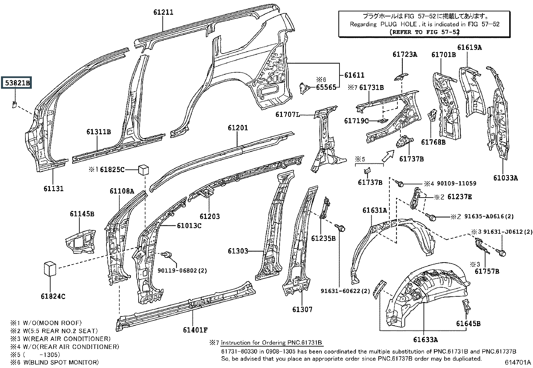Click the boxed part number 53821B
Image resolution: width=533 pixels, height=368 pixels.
[16, 82]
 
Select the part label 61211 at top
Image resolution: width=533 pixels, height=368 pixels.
[163, 12]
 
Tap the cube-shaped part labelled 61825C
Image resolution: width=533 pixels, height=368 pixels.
[144, 169]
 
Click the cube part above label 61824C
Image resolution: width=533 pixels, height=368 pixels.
[50, 269]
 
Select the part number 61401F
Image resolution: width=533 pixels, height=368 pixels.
[195, 330]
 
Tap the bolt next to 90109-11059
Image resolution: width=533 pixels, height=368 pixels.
[399, 183]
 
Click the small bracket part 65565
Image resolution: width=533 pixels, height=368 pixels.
[304, 88]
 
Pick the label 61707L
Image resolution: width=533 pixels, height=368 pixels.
[288, 115]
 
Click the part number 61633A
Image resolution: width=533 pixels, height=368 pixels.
[426, 340]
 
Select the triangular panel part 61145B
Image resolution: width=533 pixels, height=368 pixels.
[81, 241]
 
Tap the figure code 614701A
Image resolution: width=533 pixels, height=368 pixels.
[518, 362]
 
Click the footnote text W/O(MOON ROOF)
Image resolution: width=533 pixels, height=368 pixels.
[52, 323]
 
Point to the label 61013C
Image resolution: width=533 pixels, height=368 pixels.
[189, 225]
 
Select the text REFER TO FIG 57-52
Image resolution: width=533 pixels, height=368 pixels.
[425, 32]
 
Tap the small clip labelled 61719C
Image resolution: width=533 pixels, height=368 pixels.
[383, 121]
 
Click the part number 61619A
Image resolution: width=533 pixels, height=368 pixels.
[469, 47]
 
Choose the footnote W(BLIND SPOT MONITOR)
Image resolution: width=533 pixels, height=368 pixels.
[61, 362]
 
